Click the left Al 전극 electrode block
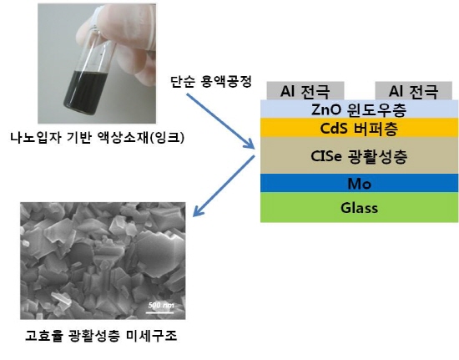[x=305, y=91]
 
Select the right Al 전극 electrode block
[x=414, y=91]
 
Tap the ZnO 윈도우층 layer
[x=359, y=109]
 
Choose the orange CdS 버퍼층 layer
[x=359, y=128]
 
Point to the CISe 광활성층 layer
[x=359, y=155]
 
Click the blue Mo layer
[x=359, y=183]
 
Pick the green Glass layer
[x=359, y=207]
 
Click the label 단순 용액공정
[x=211, y=81]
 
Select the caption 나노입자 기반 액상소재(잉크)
[x=98, y=137]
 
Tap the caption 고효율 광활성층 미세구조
[x=101, y=336]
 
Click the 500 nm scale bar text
[x=161, y=305]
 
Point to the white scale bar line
[x=160, y=312]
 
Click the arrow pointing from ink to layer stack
[x=220, y=120]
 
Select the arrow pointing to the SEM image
[x=224, y=186]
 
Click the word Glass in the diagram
[x=359, y=208]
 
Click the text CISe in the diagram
[x=326, y=156]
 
